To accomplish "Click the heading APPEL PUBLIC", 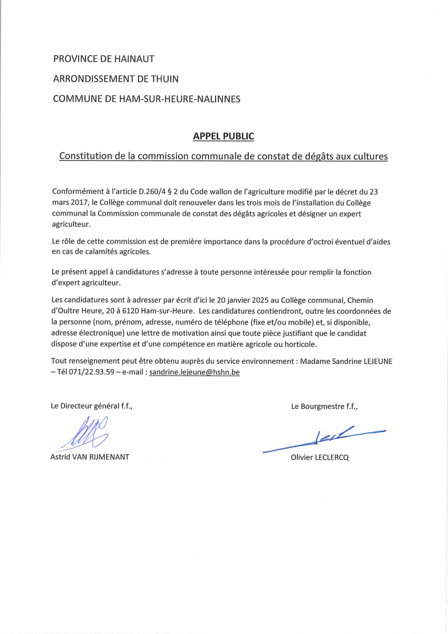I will click(223, 136).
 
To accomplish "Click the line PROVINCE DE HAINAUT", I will click(104, 59).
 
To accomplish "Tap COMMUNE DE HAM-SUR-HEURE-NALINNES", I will click(146, 99).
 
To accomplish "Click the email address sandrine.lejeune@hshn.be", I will click(194, 372).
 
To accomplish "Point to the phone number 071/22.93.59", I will click(92, 372).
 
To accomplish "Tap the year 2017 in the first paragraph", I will click(80, 203).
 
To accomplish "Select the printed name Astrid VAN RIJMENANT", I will click(90, 457).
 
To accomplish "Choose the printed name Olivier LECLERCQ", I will click(320, 457).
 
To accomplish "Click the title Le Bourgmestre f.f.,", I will click(324, 406).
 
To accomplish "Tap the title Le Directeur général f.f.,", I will click(91, 406).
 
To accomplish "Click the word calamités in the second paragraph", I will click(88, 252).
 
